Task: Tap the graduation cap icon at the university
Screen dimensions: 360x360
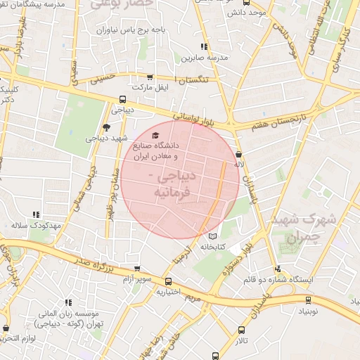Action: (x=155, y=136)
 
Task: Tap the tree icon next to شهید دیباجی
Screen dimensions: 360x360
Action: (x=106, y=127)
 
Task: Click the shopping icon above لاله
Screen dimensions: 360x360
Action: (x=239, y=154)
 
